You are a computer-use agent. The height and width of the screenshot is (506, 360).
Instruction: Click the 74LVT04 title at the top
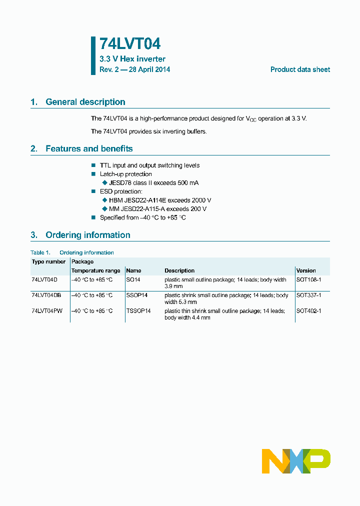(130, 44)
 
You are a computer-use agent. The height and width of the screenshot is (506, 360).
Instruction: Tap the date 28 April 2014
(149, 69)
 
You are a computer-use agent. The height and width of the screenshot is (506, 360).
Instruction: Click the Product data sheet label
(300, 69)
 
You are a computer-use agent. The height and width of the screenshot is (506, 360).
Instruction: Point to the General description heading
(85, 102)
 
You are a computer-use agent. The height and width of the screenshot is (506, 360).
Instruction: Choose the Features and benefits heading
(89, 148)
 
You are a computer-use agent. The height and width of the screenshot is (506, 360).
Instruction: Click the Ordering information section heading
(87, 235)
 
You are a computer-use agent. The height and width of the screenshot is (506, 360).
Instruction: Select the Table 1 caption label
(40, 252)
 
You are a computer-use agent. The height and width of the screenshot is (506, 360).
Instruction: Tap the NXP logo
(296, 461)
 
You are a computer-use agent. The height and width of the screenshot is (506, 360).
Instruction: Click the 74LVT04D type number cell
(44, 280)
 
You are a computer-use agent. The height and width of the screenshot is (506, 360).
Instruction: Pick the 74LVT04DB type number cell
(46, 295)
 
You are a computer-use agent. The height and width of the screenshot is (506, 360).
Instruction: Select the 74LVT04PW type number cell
(46, 311)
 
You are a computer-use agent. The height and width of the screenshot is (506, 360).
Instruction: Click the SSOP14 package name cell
(136, 295)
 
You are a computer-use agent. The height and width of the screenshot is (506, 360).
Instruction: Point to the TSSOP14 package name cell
(138, 311)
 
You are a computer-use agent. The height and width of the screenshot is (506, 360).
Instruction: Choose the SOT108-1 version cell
(308, 280)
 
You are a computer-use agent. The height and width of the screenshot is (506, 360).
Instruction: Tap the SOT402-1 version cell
(308, 311)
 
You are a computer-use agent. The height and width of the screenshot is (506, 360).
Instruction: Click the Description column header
(179, 270)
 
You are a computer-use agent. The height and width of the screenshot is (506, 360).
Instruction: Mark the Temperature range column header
(95, 270)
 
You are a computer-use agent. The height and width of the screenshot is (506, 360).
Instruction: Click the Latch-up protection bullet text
(125, 174)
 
